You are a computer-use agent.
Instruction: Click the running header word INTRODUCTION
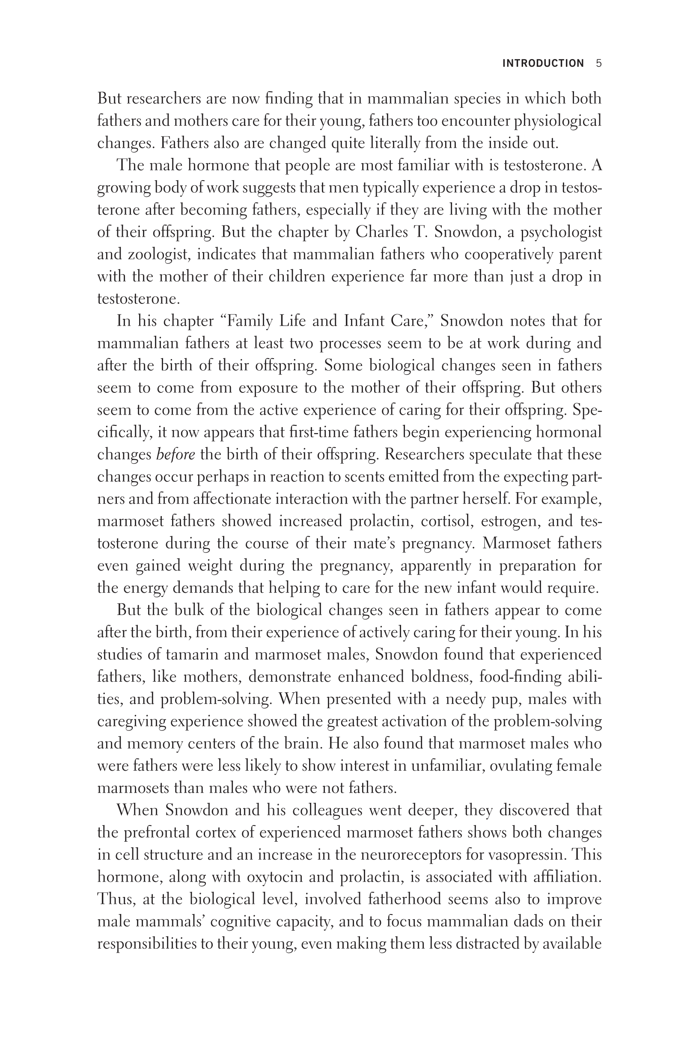tap(542, 63)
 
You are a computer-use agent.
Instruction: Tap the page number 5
tap(599, 63)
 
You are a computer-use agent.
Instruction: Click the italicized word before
tap(175, 454)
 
